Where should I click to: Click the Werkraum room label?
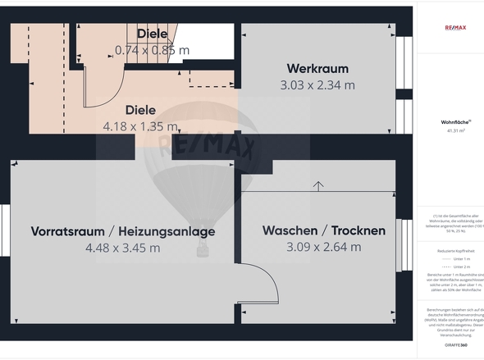coord(317,68)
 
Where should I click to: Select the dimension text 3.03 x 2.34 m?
coord(317,84)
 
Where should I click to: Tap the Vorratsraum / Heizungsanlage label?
coord(122,231)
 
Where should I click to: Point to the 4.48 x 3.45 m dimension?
coord(122,248)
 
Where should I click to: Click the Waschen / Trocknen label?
coord(323,230)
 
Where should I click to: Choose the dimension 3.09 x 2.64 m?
coord(323,247)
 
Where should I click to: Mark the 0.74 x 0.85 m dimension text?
coord(152,49)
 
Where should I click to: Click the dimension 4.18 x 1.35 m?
coord(140,126)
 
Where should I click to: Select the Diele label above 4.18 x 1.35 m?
coord(140,109)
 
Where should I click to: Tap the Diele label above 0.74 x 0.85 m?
coord(152,34)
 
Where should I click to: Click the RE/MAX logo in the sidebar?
coord(455,27)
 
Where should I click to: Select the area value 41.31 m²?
coord(455,130)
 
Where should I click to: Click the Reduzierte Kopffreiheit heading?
coord(455,249)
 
